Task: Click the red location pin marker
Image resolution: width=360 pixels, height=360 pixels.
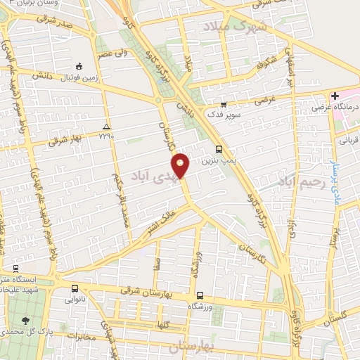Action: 182,165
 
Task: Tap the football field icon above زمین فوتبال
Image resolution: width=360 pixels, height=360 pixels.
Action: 80,66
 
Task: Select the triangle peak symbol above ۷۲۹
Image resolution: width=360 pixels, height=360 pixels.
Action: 106,126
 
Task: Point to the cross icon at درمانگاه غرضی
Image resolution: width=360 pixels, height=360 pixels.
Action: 335,96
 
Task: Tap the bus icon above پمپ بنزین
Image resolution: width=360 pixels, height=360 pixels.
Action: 218,149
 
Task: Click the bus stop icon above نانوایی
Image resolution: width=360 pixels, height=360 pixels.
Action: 75,288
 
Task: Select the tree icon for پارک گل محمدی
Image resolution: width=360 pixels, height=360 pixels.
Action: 26,320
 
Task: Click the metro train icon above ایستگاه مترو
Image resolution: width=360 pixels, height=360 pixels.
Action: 15,269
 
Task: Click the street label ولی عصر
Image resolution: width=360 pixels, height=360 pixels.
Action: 115,53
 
